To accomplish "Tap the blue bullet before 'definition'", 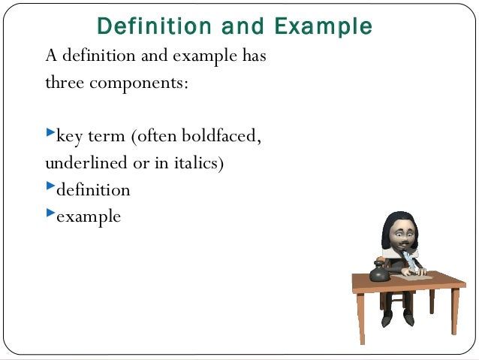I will pos(50,185).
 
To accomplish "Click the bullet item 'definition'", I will pos(93,189).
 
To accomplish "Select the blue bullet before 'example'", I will pos(50,212).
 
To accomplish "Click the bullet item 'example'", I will pos(89,216).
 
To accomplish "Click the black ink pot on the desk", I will pos(380,272).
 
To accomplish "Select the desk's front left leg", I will pos(362,316).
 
